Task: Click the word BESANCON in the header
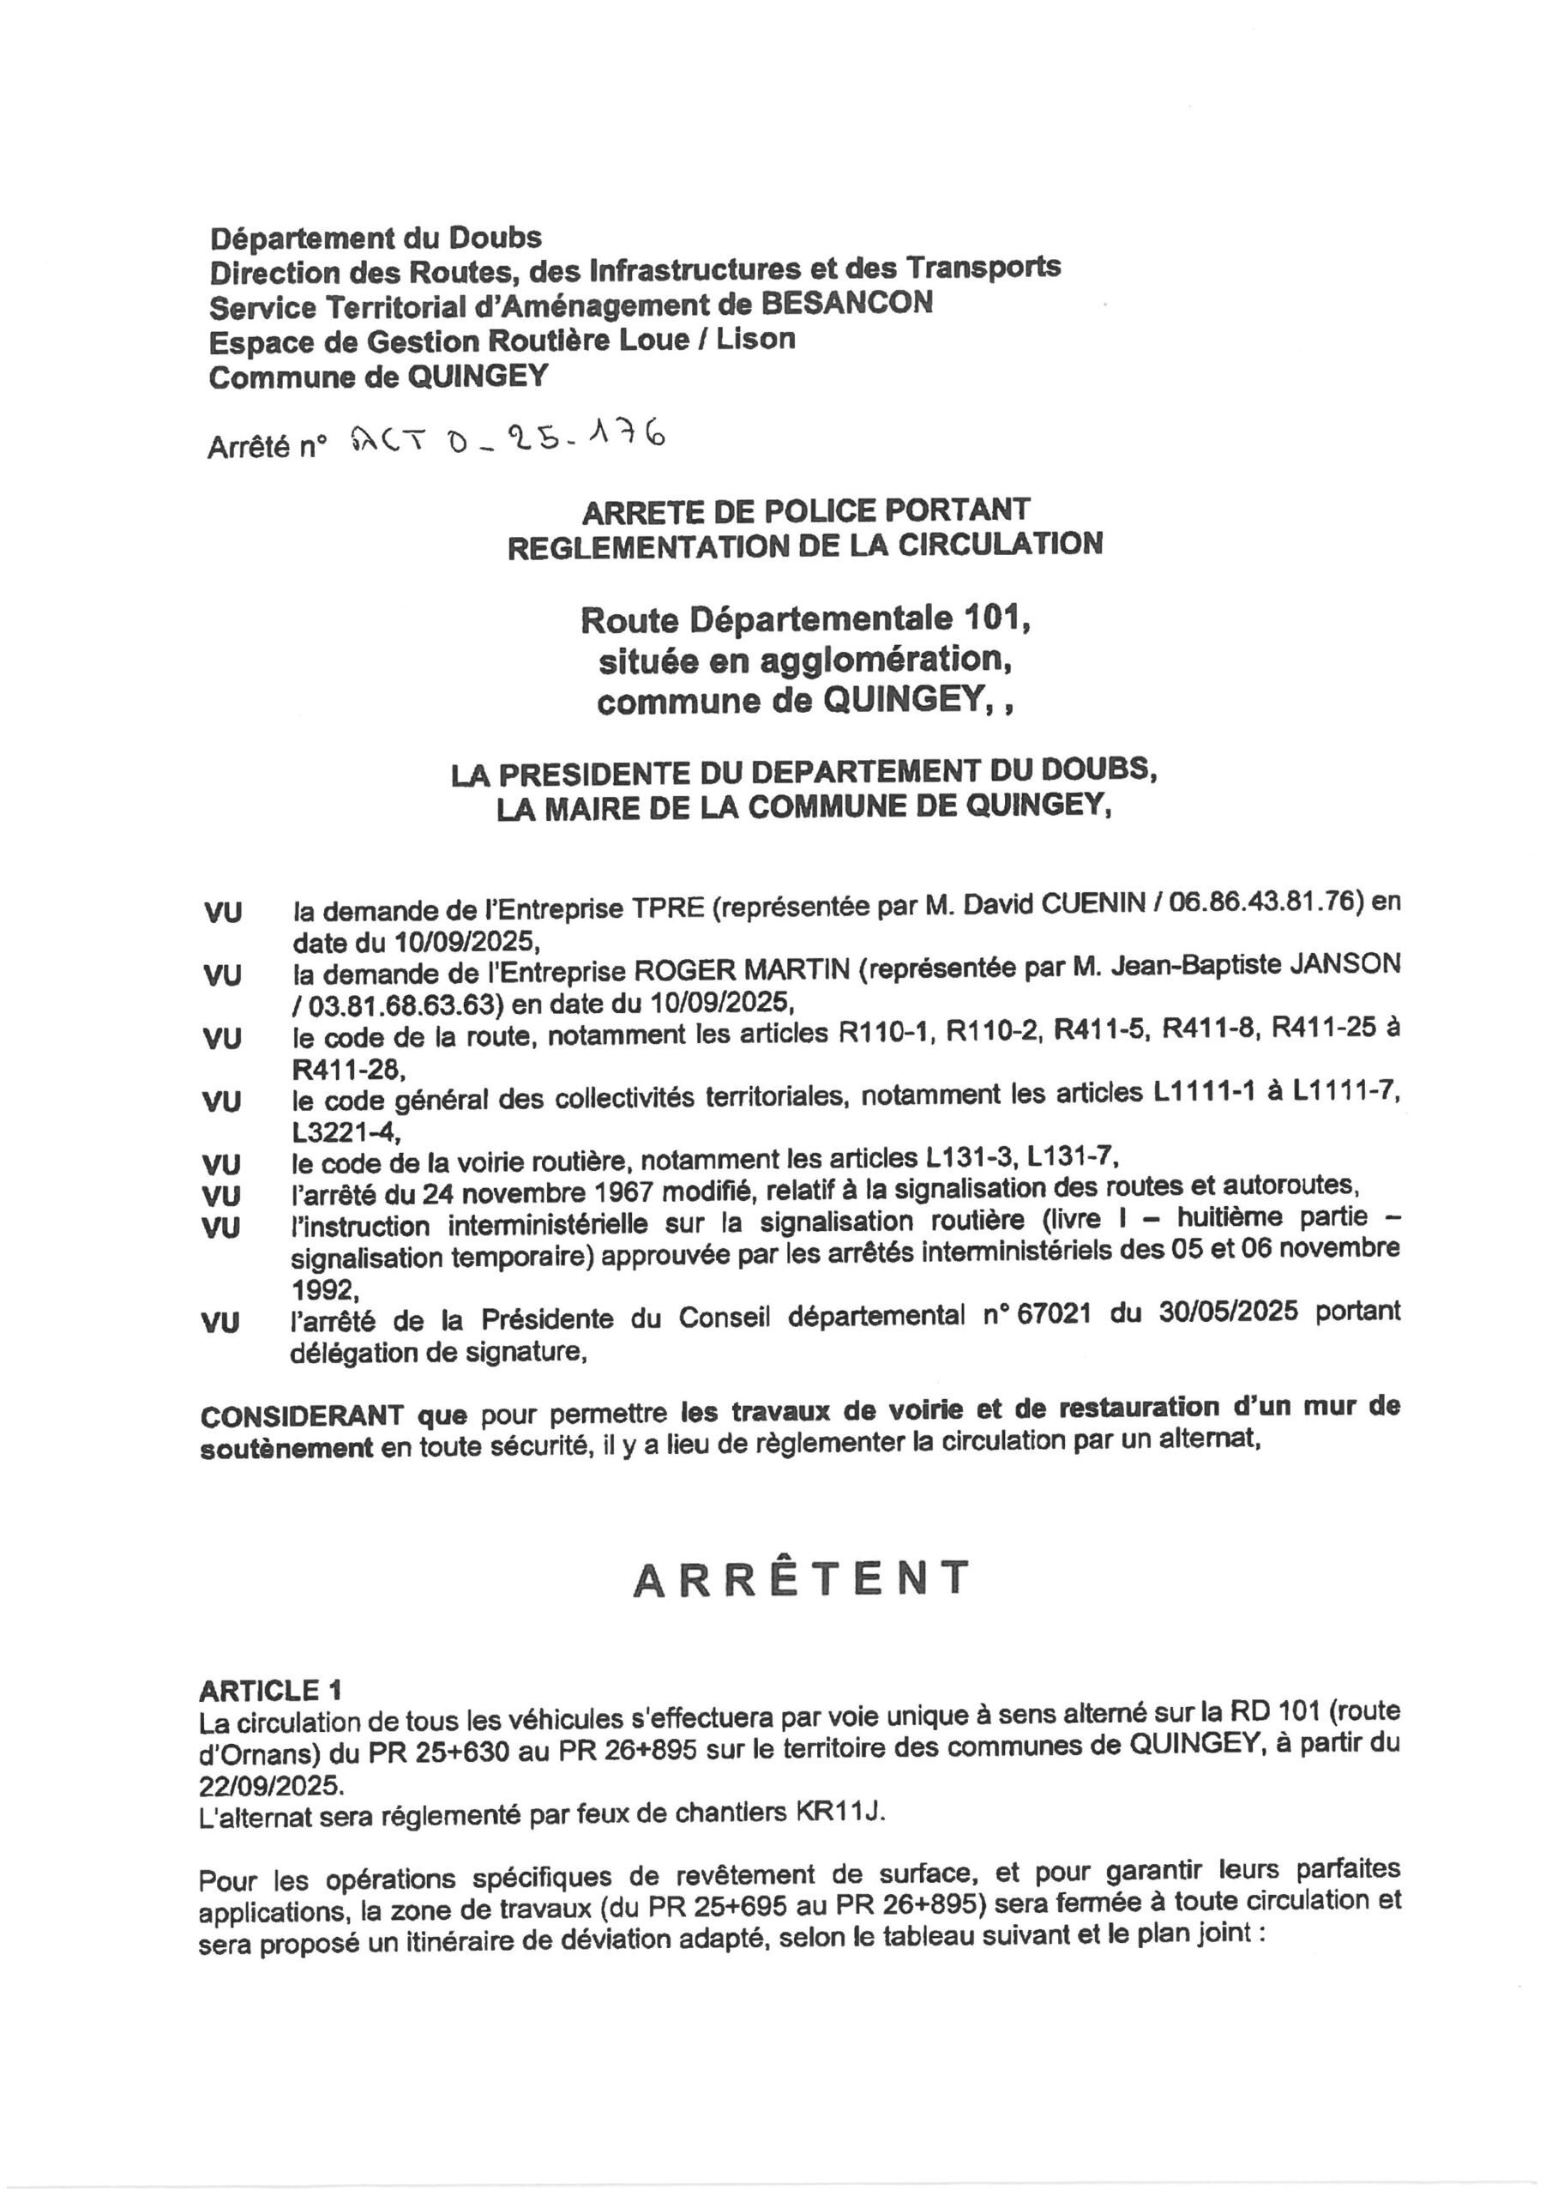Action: click(x=847, y=303)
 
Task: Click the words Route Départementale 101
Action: click(x=805, y=620)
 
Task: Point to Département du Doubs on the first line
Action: click(x=376, y=236)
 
